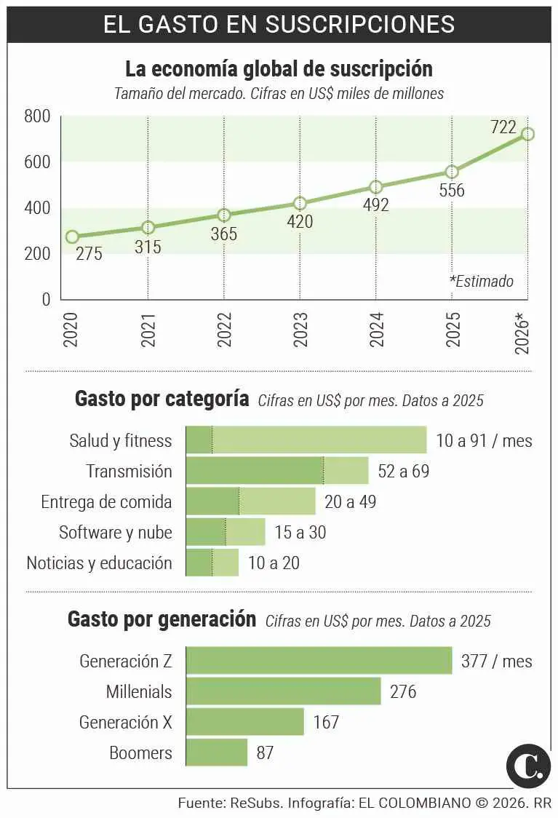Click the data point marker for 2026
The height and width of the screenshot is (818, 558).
(x=527, y=134)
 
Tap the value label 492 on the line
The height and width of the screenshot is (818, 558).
(x=375, y=205)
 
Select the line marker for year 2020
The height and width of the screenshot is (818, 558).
(x=72, y=237)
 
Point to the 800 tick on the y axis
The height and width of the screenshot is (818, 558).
(x=36, y=116)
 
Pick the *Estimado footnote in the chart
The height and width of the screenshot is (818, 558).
(x=481, y=281)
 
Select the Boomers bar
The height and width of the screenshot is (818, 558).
(x=217, y=752)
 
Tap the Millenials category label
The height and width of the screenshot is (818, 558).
(x=139, y=691)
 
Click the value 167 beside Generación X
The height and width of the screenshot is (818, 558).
(x=326, y=722)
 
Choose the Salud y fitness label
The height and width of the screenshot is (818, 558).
(x=121, y=440)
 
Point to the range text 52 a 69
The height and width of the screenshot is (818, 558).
(x=403, y=471)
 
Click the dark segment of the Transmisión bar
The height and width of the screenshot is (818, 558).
(x=255, y=471)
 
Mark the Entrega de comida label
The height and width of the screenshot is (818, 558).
(x=106, y=501)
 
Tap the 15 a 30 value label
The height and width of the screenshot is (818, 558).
(x=300, y=532)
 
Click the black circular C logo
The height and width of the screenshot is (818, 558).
(x=528, y=765)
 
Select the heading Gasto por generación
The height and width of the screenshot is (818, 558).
(x=162, y=619)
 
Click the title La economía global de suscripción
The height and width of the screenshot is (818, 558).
(x=279, y=69)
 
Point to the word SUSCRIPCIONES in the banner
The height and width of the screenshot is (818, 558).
(x=360, y=23)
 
